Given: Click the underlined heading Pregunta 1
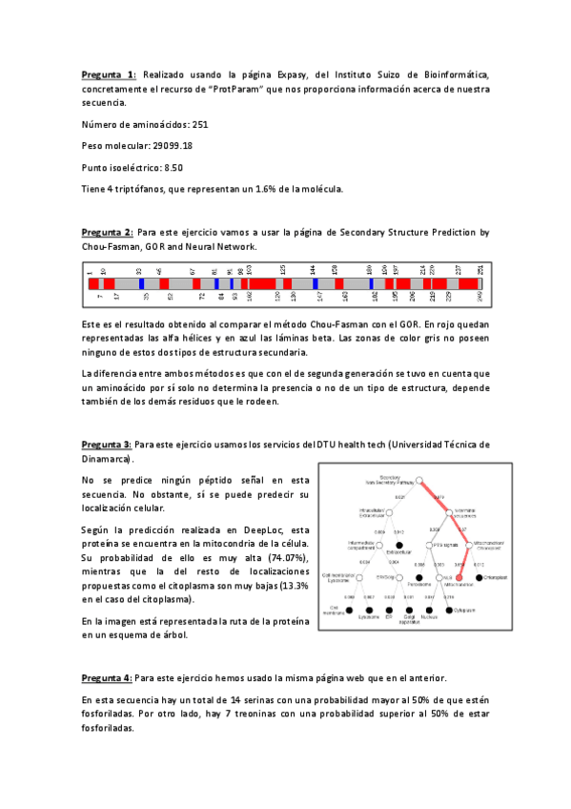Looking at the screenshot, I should [109, 74].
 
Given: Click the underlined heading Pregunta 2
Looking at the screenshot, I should [109, 232].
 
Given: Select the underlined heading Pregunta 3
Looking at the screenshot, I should [109, 445].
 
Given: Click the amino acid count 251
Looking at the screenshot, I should [199, 124].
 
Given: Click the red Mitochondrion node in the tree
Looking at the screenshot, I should [459, 578].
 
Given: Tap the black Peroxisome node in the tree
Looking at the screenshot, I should [418, 578].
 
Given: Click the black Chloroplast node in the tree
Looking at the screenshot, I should [479, 578].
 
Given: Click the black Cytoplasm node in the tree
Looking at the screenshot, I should [449, 609].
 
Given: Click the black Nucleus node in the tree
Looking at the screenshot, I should [429, 609].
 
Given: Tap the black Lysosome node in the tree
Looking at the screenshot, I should [368, 609].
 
